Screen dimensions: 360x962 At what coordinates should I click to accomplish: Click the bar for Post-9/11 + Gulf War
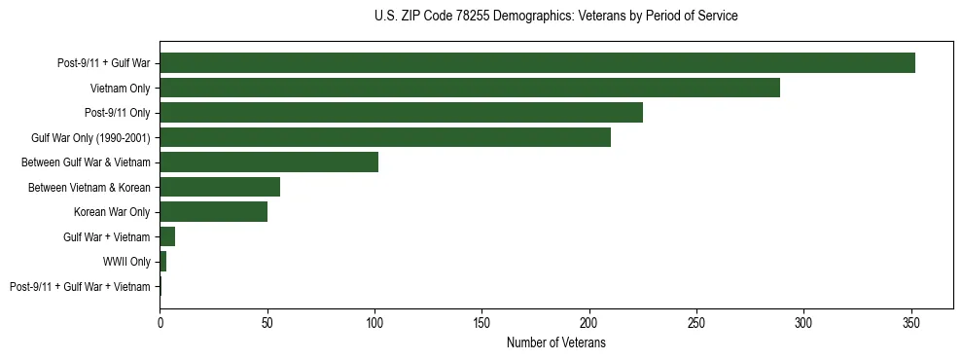click(537, 63)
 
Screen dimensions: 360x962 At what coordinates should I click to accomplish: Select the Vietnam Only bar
click(470, 89)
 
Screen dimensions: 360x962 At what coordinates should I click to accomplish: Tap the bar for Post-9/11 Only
click(401, 113)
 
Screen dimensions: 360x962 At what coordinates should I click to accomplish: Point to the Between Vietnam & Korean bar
click(220, 187)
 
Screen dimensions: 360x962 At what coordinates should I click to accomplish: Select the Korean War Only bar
click(213, 212)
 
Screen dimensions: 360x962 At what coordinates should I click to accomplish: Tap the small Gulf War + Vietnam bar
click(167, 236)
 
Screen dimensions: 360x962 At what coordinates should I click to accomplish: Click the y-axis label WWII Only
click(126, 262)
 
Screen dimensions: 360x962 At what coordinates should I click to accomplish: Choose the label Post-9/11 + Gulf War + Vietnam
click(80, 286)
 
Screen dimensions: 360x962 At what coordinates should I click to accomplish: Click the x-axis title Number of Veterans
click(556, 342)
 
